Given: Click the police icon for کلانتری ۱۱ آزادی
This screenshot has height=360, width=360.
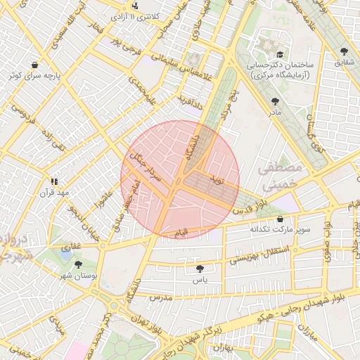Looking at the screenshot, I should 136,6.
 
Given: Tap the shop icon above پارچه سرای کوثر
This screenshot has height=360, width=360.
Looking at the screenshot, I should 34,65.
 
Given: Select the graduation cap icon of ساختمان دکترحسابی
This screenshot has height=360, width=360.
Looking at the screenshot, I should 279,54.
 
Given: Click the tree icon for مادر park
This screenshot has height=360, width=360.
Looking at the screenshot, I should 274,102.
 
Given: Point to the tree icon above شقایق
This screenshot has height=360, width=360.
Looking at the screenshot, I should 343,52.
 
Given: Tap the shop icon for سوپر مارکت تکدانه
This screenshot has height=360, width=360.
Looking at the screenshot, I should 281,219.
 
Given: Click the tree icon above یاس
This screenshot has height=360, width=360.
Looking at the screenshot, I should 200,268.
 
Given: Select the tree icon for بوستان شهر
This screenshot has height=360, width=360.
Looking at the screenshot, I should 78,264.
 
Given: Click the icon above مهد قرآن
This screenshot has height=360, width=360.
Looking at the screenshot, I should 55,181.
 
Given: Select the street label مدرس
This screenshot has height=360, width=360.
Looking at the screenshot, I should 160,299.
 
